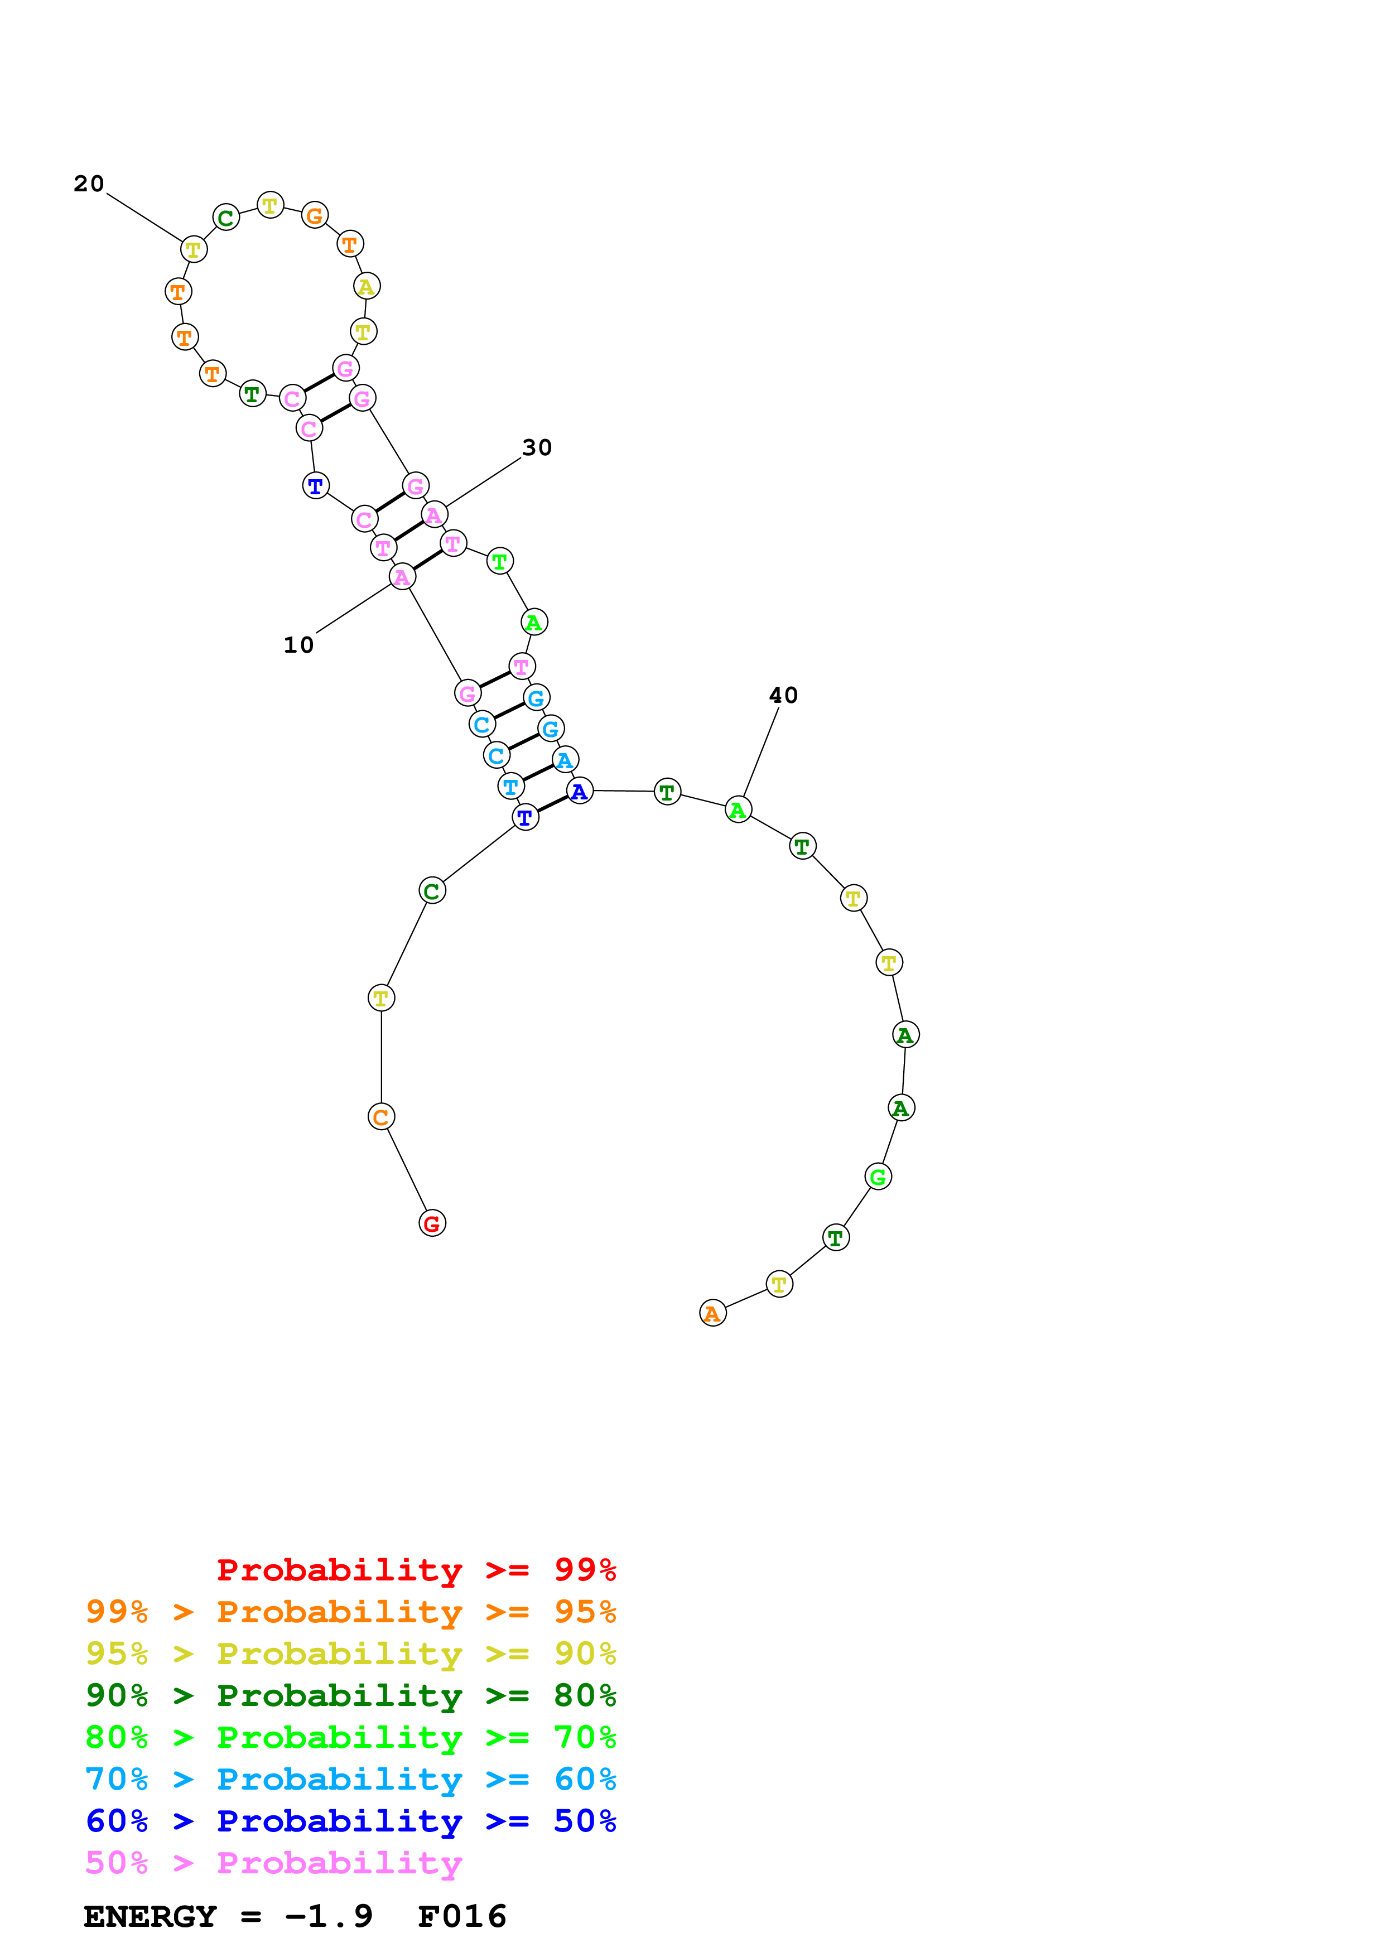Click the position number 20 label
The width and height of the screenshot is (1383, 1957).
tap(89, 184)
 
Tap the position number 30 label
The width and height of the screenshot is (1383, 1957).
tap(537, 449)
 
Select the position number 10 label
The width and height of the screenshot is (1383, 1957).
tap(298, 645)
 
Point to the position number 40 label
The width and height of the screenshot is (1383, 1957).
tap(783, 696)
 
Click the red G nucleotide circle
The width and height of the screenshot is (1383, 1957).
tap(432, 1224)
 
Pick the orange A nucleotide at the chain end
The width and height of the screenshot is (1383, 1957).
tap(712, 1313)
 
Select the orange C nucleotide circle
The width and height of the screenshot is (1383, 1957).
tap(381, 1117)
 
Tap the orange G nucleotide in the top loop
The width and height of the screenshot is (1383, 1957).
tap(315, 216)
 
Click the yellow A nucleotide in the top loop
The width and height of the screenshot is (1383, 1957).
tap(367, 286)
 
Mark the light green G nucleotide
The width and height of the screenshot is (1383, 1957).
tap(878, 1177)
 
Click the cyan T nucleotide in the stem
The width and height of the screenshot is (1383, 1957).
tap(510, 787)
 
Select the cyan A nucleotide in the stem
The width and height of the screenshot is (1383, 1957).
tap(565, 759)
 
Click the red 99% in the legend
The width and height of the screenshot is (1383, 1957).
tap(585, 1570)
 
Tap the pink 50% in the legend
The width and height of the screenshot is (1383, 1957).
tap(117, 1863)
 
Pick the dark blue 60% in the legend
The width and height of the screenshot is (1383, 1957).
tap(117, 1821)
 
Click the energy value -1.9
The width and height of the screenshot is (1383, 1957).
tap(329, 1917)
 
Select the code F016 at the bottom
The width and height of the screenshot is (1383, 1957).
tap(462, 1917)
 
